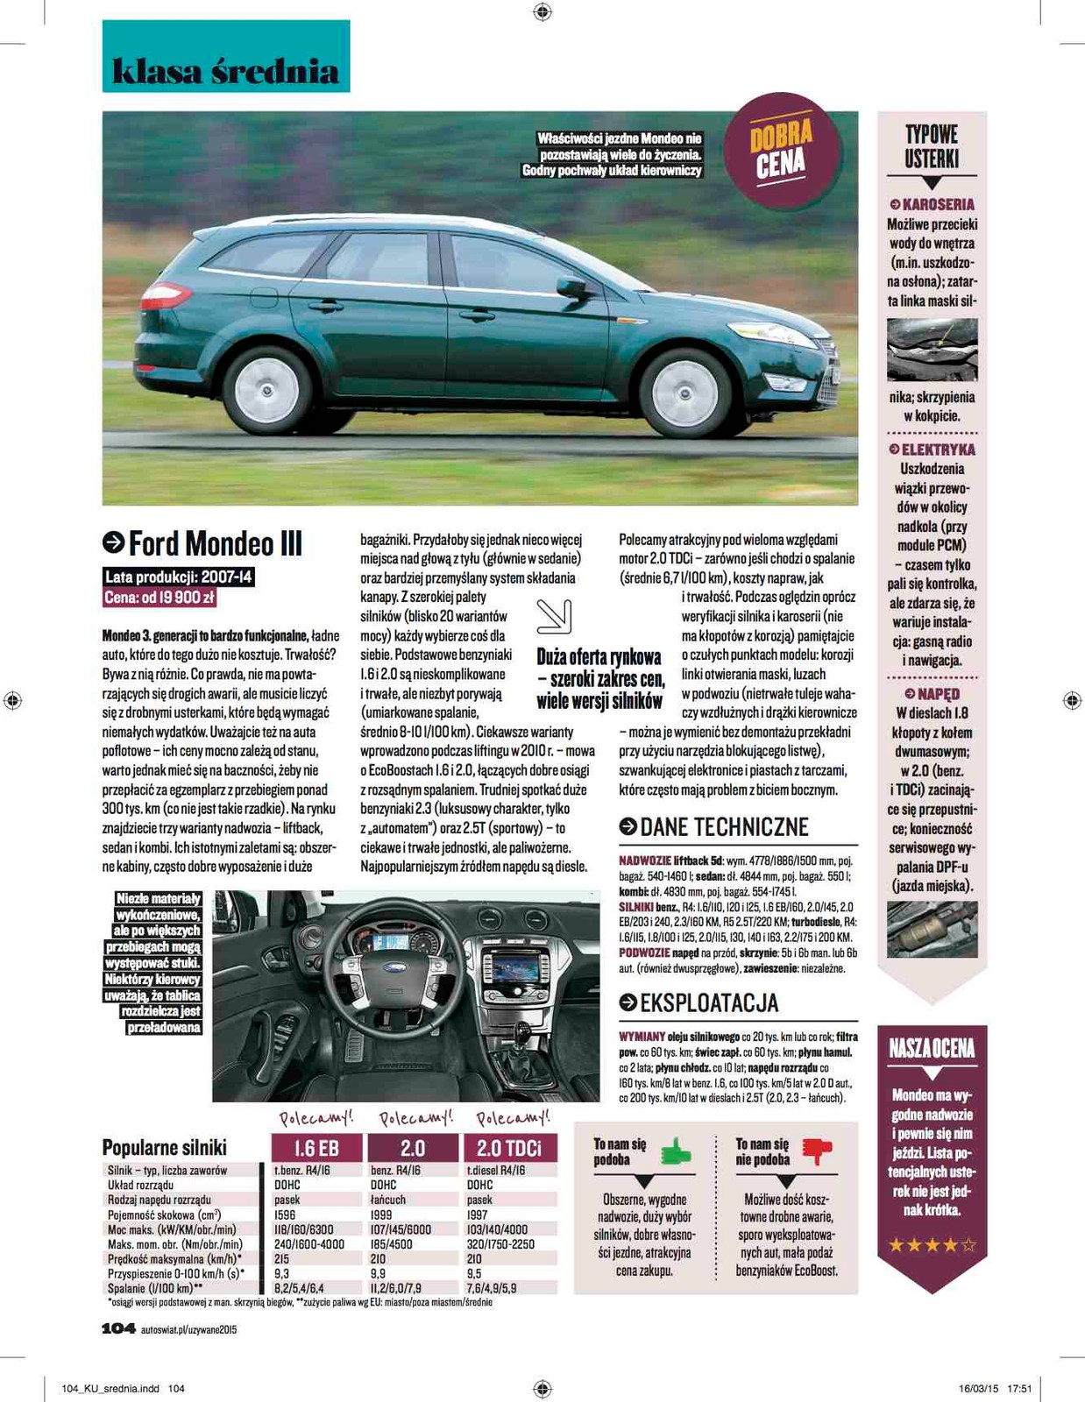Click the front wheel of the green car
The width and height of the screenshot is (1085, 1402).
(x=684, y=393)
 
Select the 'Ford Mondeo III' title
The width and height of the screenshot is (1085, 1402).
(x=215, y=543)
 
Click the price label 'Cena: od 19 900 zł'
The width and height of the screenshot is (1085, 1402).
(x=160, y=598)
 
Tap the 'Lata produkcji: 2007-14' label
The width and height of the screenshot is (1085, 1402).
(x=179, y=577)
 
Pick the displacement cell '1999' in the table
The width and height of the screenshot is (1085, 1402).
(x=384, y=1215)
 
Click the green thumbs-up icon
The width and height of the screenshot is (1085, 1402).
(x=676, y=1151)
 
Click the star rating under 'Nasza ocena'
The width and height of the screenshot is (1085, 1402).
(x=932, y=1244)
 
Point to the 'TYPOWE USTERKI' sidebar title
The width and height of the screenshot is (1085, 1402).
(x=932, y=147)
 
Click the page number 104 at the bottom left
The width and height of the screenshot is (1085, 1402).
(x=118, y=1328)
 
